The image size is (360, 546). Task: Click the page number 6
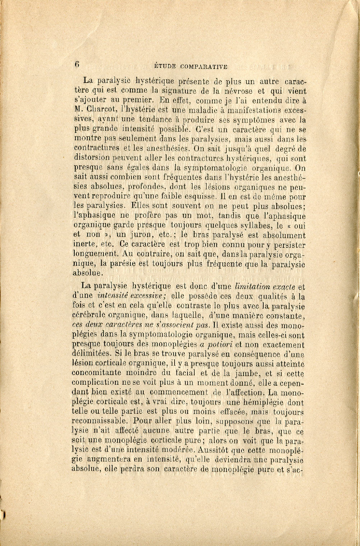(77, 64)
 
